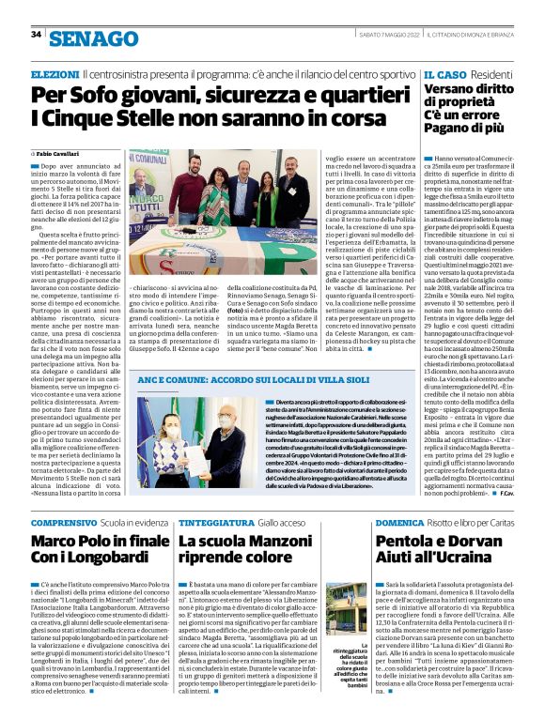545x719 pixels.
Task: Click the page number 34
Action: point(37,35)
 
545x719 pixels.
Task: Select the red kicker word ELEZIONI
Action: point(54,74)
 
